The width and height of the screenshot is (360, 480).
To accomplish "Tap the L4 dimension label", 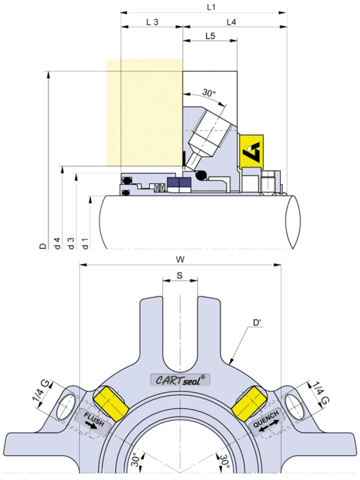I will coord(231,22).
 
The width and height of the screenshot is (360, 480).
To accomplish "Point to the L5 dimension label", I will coord(210,36).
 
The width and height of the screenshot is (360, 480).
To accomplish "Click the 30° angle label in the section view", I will coord(209,93).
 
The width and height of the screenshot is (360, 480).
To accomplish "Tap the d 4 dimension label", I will coord(57,243).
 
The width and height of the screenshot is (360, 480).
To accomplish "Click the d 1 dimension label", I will coord(85,243).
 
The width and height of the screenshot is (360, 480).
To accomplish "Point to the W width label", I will coord(180,259).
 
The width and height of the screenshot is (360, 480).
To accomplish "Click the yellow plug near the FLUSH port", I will coord(111,403).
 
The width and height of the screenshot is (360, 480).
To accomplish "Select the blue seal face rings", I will coord(179,183).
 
